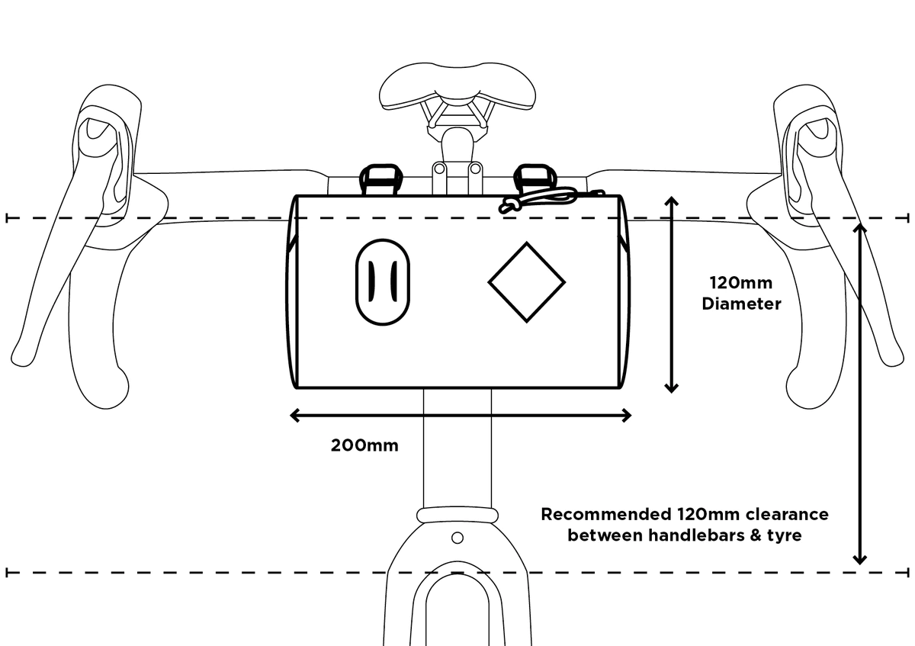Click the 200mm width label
pyautogui.click(x=364, y=445)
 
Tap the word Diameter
pyautogui.click(x=741, y=304)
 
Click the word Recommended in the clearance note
pyautogui.click(x=606, y=514)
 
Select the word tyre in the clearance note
pyautogui.click(x=785, y=535)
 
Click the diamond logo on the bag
pyautogui.click(x=527, y=282)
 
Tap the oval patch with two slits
pyautogui.click(x=383, y=282)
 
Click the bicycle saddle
pyautogui.click(x=457, y=87)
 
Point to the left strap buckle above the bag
pyautogui.click(x=380, y=179)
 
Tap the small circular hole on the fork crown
pyautogui.click(x=457, y=538)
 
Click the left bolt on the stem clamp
pyautogui.click(x=439, y=169)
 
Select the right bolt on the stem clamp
pyautogui.click(x=476, y=169)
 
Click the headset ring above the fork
pyautogui.click(x=457, y=516)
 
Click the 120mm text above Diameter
pyautogui.click(x=740, y=283)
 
